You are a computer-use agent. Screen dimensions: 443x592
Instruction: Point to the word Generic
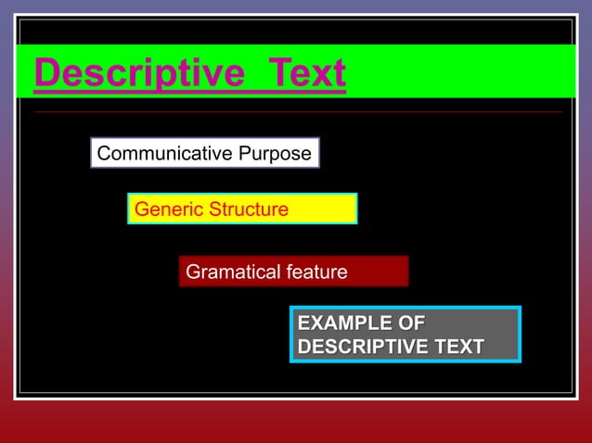coord(168,209)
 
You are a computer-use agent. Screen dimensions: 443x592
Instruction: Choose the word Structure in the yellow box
coord(248,209)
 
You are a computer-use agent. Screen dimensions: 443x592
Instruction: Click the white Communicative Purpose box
coord(204,154)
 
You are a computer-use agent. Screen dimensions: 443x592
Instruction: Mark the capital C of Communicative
coord(104,154)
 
